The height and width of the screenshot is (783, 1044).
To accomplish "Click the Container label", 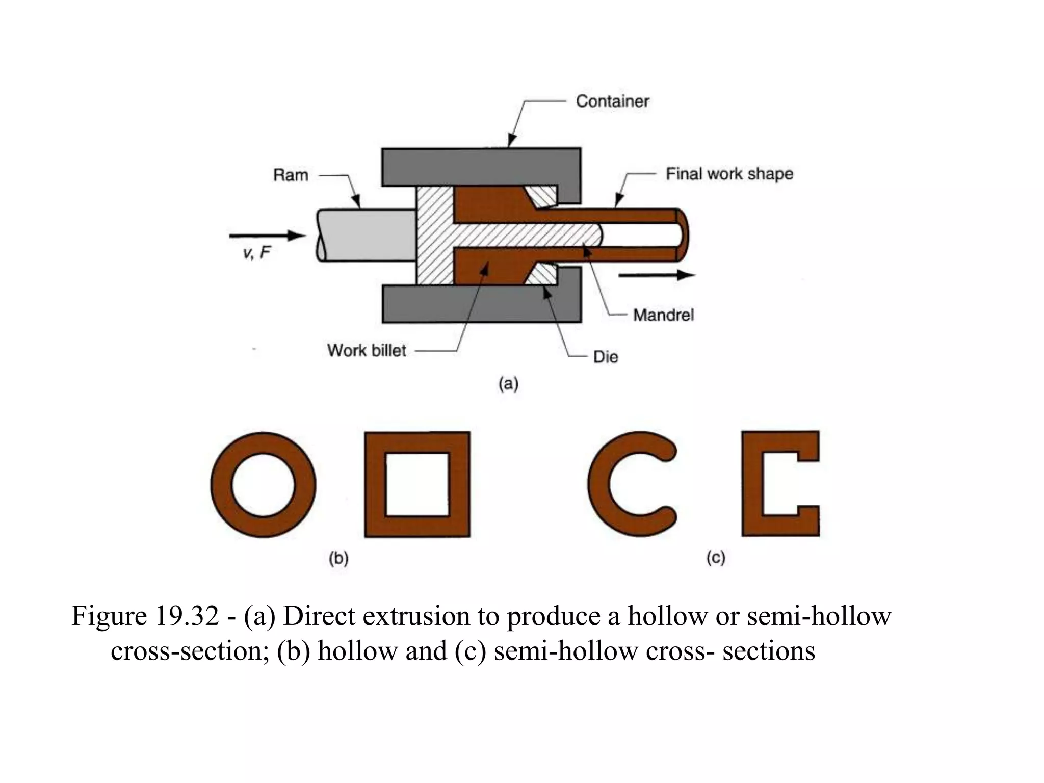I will [612, 101].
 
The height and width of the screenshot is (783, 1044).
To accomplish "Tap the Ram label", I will [291, 175].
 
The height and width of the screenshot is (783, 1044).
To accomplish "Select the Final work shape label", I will [729, 174].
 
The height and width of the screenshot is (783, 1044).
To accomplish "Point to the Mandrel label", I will [663, 315].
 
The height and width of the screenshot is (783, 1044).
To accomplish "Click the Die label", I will [606, 357].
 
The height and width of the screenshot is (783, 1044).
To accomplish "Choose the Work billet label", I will [367, 351].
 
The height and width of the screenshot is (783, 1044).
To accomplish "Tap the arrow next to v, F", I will [267, 236].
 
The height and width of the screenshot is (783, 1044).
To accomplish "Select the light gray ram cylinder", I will [365, 236].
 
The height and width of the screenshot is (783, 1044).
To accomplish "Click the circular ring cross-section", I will [221, 484].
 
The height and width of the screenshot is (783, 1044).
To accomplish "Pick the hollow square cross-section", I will [375, 484].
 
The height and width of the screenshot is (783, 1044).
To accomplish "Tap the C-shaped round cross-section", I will [599, 484].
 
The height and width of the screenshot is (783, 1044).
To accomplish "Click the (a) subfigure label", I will [508, 383].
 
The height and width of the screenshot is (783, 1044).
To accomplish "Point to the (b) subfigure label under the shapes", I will [338, 559].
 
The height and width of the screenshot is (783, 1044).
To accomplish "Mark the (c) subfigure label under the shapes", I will [716, 558].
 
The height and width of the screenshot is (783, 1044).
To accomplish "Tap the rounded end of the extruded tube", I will [682, 235].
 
